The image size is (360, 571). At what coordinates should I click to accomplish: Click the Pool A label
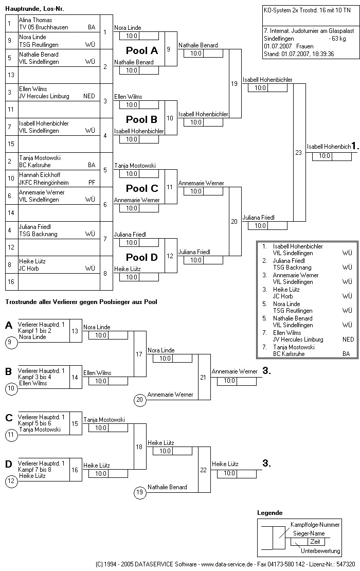142,50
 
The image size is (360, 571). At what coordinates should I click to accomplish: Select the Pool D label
142,257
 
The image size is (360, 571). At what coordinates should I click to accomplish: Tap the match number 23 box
298,152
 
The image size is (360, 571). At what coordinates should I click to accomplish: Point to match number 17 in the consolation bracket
139,354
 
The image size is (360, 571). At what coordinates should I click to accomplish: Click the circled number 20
139,399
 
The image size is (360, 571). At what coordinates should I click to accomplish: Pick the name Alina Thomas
35,20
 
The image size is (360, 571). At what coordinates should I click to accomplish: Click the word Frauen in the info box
305,46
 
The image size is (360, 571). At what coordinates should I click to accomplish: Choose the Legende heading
269,513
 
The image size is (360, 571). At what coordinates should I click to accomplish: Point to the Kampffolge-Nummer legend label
315,525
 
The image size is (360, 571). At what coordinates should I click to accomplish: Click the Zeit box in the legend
315,542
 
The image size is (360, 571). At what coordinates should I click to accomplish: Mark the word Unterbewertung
320,551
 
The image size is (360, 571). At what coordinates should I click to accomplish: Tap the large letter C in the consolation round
9,418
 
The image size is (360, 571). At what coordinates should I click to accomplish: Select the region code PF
92,182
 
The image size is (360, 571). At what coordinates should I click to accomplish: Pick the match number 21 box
203,377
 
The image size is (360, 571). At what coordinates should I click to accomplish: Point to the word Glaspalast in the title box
339,31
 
